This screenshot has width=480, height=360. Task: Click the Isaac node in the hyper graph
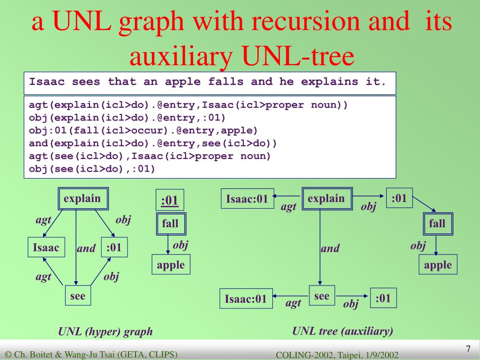tap(46, 248)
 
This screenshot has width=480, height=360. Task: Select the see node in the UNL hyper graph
tap(78, 296)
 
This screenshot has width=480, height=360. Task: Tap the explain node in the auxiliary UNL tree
tap(327, 199)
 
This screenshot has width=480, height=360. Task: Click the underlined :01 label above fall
tap(170, 201)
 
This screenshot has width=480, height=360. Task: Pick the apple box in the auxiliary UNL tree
tap(438, 265)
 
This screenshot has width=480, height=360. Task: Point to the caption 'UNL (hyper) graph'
tap(105, 332)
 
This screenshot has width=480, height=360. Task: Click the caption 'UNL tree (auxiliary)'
tap(343, 331)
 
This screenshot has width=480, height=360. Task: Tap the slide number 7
tap(468, 349)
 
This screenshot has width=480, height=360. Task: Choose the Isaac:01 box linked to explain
tap(247, 199)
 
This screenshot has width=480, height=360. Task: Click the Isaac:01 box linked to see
tap(246, 299)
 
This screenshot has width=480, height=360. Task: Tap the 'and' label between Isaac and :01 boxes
tap(86, 248)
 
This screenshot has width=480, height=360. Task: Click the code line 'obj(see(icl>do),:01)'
tap(92, 168)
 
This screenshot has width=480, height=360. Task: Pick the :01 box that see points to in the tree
tap(383, 298)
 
